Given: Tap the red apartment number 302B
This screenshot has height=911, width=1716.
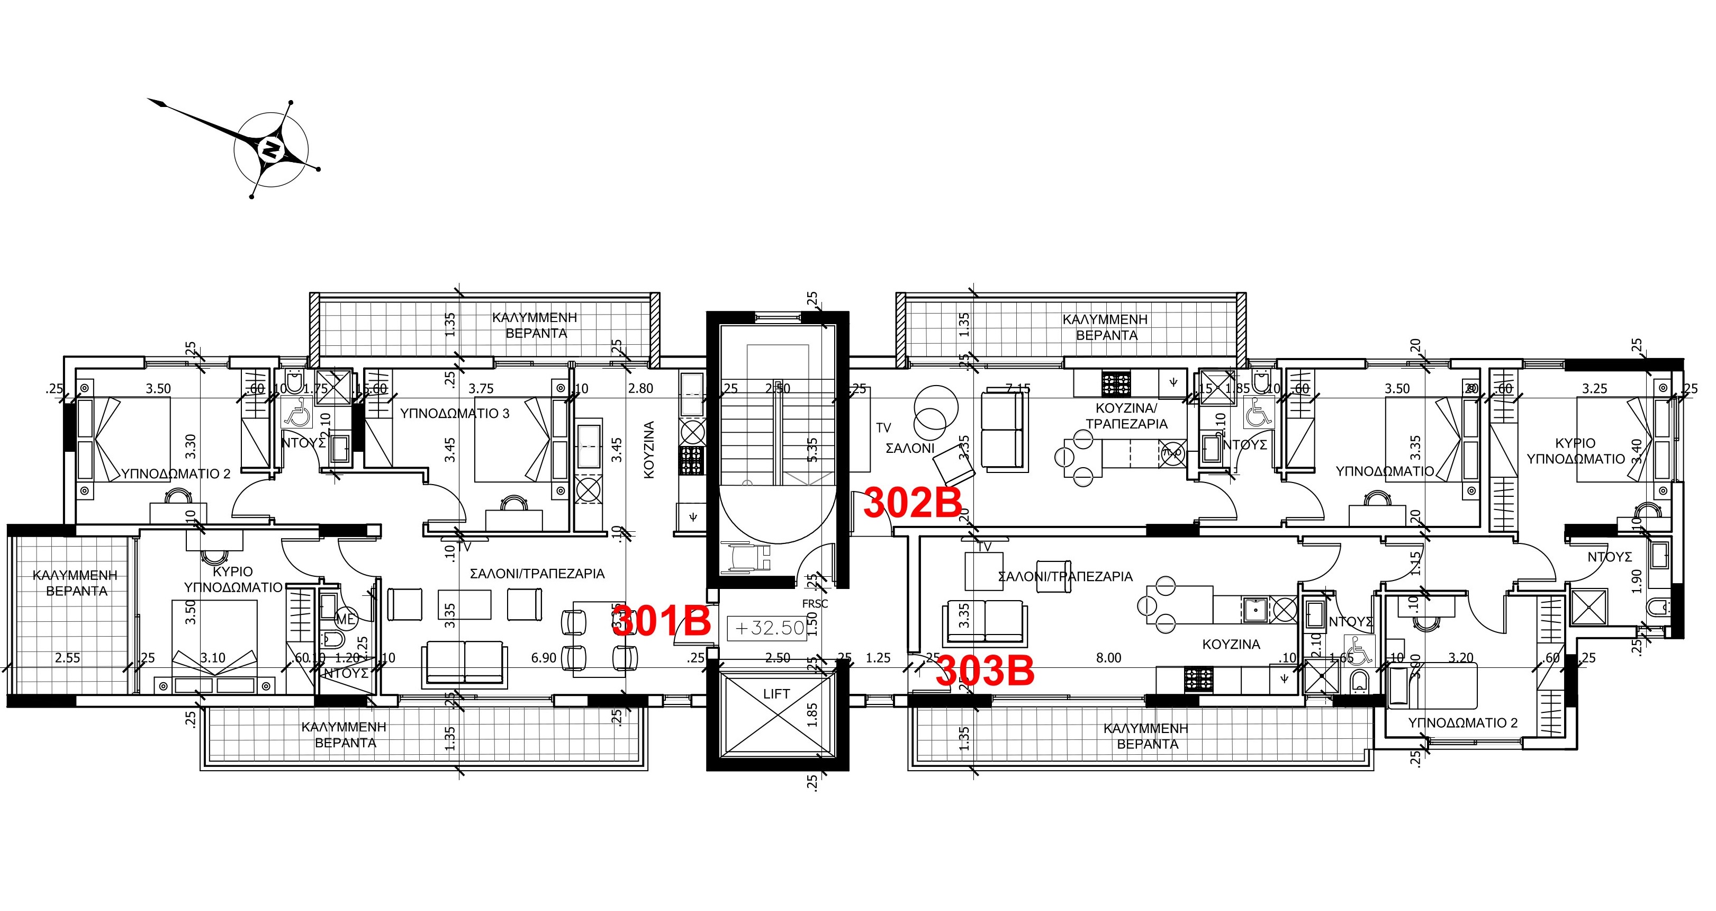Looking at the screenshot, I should (913, 503).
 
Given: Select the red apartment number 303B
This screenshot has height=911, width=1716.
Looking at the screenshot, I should (985, 671).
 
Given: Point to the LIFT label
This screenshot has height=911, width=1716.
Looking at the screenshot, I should (776, 694).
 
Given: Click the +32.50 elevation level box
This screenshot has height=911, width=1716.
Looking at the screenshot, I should (770, 628).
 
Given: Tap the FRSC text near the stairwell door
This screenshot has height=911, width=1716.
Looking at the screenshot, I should (815, 604).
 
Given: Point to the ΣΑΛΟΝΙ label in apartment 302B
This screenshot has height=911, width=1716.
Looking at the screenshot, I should (909, 449).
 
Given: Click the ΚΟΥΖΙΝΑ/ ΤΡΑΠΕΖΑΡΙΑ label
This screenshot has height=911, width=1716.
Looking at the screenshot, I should (1126, 416).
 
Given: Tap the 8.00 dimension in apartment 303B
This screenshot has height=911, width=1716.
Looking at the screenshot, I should (1108, 658).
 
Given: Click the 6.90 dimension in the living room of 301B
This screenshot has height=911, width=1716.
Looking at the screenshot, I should (544, 658).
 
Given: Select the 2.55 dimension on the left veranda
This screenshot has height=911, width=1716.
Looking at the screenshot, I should (67, 658).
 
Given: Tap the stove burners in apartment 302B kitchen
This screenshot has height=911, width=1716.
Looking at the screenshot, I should (1115, 384).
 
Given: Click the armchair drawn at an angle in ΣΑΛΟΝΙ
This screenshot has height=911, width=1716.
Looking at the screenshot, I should (954, 465).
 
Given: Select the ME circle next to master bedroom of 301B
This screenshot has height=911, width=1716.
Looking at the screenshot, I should (345, 619).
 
